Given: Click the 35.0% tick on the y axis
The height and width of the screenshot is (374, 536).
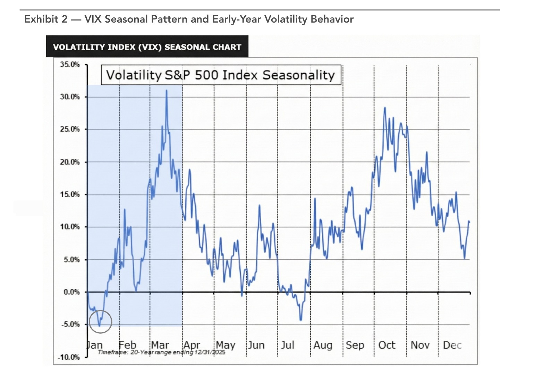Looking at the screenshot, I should coord(70,65).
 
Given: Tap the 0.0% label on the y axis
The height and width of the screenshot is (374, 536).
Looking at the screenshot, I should coord(71,292).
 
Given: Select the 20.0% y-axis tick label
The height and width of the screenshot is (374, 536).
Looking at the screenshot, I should coord(70,162).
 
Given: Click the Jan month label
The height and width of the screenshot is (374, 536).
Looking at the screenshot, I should coord(94,345).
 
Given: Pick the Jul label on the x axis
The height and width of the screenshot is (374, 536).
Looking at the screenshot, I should coord(288,345).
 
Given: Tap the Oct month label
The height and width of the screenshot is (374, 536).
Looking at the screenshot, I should coord(386,345).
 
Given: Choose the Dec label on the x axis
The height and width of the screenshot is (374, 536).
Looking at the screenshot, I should coord(452,345).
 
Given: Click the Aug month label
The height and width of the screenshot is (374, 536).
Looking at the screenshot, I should coord(323,345).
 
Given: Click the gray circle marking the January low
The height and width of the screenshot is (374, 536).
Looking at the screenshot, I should coord(100,322).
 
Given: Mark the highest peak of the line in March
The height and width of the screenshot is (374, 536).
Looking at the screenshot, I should coord(167,91).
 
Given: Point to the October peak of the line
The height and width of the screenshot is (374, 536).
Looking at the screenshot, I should coord(385,108).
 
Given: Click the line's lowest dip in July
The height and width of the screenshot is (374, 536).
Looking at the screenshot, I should coord(300,319).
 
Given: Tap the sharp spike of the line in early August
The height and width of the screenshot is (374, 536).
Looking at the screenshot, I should coord(315,199).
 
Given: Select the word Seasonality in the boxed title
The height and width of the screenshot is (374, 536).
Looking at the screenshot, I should coord(298,75).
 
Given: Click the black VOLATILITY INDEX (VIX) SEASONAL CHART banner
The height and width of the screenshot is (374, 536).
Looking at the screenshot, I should coord(147,47).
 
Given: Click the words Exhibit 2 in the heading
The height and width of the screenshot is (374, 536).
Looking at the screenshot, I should coord(46,19).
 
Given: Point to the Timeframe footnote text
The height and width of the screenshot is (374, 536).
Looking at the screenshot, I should coord(161,352).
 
